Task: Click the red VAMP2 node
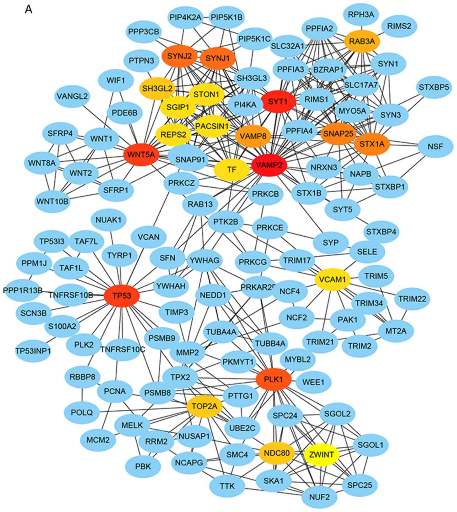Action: point(269,165)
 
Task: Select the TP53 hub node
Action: point(122,296)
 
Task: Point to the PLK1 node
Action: point(274,379)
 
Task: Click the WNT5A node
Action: point(141,154)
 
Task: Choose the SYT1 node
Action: point(278,102)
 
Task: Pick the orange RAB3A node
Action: point(362,41)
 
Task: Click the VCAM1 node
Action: point(332,279)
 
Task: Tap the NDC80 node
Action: point(277,453)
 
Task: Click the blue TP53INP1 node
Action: point(33,351)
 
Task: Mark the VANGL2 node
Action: point(72,96)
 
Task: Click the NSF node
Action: point(435,146)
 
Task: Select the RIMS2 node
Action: point(399,26)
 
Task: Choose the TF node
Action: point(231,169)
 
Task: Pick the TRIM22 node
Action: point(412,299)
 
